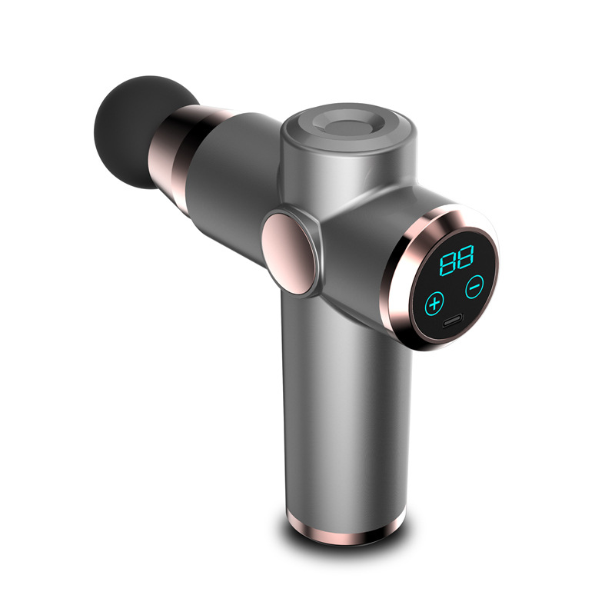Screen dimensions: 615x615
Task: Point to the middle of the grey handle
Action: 346,415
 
